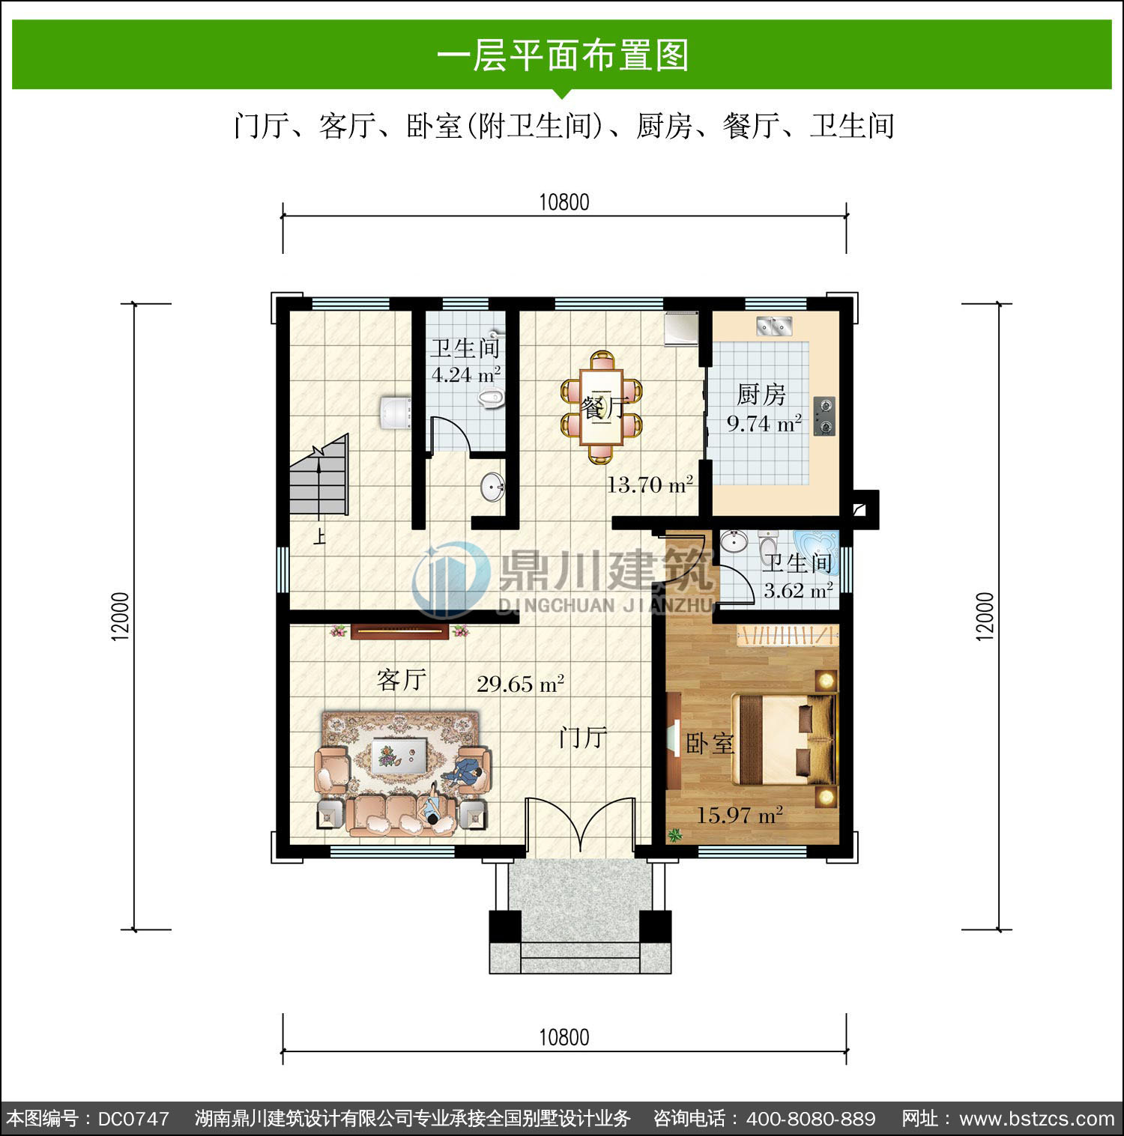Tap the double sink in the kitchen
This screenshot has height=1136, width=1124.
click(x=775, y=326)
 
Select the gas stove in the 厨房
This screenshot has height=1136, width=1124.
click(x=824, y=416)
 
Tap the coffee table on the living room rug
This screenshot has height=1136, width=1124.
click(x=399, y=753)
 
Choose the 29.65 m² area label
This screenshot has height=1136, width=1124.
click(x=520, y=684)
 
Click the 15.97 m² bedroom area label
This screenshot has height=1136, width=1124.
click(x=740, y=814)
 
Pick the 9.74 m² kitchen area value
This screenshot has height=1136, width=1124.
click(x=764, y=423)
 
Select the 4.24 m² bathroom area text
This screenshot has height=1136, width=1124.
click(x=466, y=374)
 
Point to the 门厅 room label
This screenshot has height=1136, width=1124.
click(x=582, y=738)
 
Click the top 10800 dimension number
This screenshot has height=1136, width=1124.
click(x=564, y=202)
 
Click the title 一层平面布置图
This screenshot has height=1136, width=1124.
click(x=563, y=55)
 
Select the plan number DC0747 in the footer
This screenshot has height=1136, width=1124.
click(x=133, y=1119)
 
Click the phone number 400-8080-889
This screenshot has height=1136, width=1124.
click(x=812, y=1119)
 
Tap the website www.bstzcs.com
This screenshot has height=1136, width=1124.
click(x=1037, y=1119)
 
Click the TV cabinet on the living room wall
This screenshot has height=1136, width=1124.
click(x=400, y=632)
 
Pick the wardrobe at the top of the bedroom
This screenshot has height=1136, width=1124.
click(x=788, y=636)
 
